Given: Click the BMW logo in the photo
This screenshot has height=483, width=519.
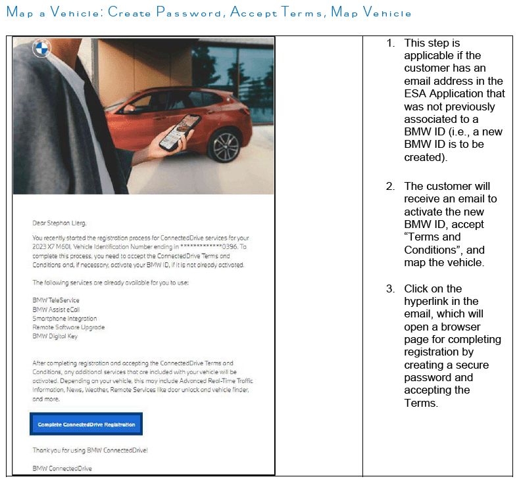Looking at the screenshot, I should [41, 49].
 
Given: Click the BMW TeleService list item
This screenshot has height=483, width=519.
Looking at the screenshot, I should [56, 300].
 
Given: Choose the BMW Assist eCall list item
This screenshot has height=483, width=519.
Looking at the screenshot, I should [58, 309].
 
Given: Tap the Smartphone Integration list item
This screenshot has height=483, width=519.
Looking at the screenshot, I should [64, 318].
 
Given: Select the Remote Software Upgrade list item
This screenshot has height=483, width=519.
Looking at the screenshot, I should [68, 327].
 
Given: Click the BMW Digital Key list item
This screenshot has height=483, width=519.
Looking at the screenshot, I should [55, 336].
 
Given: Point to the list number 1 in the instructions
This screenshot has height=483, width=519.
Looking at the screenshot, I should [390, 43].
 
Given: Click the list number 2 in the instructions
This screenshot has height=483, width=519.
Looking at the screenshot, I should [390, 187].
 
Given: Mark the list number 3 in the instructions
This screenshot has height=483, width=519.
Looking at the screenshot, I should [390, 289].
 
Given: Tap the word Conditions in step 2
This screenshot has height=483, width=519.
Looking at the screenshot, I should [431, 250].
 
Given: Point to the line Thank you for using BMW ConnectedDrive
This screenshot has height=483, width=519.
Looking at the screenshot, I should [91, 450].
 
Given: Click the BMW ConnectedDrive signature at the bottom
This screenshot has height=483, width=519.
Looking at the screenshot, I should [62, 469].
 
